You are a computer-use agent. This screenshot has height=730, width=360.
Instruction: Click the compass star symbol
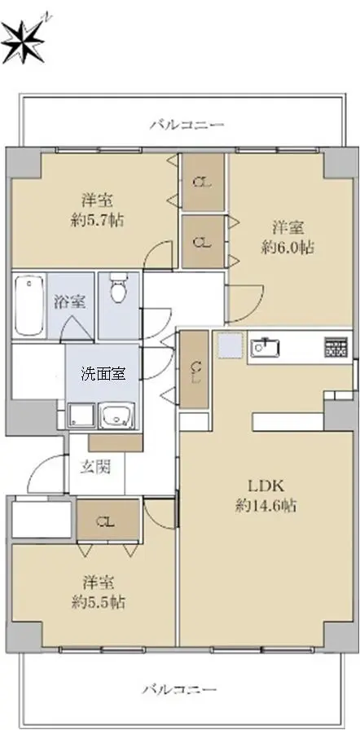click(x=24, y=41)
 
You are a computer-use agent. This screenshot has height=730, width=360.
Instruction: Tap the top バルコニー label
click(x=187, y=125)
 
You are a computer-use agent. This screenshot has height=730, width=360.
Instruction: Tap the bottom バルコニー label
click(x=179, y=688)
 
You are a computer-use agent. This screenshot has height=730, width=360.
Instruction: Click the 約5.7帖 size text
click(x=98, y=220)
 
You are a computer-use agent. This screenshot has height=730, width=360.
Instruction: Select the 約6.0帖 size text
click(x=288, y=248)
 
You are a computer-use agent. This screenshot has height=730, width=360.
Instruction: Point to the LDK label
click(x=266, y=486)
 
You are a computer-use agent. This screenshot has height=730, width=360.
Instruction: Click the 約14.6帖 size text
click(x=266, y=506)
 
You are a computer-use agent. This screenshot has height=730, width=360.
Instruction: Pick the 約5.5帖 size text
click(x=99, y=602)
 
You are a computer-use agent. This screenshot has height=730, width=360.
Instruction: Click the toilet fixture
click(x=119, y=288)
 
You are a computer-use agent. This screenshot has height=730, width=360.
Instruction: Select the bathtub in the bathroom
click(x=29, y=305)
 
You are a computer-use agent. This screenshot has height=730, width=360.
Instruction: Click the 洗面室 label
click(x=103, y=374)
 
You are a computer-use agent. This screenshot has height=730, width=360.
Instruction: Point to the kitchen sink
click(x=266, y=347)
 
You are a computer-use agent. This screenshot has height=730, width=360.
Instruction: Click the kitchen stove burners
click(x=338, y=347)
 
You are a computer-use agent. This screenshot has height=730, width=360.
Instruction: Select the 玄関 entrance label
click(x=96, y=466)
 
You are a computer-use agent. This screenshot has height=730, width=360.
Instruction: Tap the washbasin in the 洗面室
click(x=118, y=416)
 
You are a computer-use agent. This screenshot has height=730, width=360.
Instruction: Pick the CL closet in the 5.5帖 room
click(x=108, y=521)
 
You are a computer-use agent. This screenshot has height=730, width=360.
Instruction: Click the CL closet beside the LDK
click(x=194, y=370)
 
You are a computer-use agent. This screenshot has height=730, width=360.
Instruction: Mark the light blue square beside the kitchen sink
click(x=230, y=346)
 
